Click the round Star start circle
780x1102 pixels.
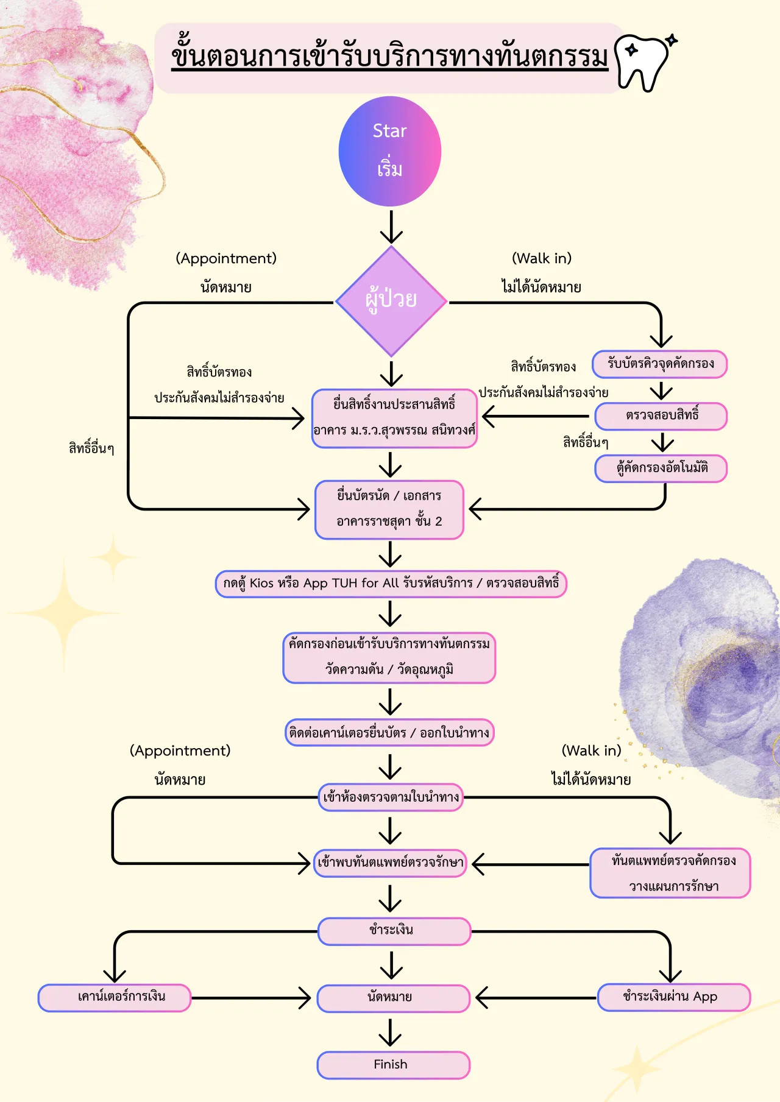pyautogui.click(x=390, y=151)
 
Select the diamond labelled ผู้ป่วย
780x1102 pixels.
pyautogui.click(x=391, y=302)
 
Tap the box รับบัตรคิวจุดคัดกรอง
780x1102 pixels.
pyautogui.click(x=660, y=364)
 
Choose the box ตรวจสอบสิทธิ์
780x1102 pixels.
pyautogui.click(x=661, y=416)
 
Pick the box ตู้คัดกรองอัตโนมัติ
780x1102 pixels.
pyautogui.click(x=661, y=468)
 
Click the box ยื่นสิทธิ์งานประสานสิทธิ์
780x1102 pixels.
pyautogui.click(x=394, y=418)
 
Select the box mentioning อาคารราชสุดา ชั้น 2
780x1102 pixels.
pyautogui.click(x=389, y=509)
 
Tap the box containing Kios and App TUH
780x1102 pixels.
pyautogui.click(x=391, y=584)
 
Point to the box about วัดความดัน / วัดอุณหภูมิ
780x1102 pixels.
pyautogui.click(x=389, y=658)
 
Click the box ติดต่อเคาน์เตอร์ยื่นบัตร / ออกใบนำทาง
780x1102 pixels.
pyautogui.click(x=389, y=733)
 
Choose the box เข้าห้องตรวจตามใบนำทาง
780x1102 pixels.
pyautogui.click(x=391, y=797)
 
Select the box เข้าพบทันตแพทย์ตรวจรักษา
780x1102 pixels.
pyautogui.click(x=391, y=863)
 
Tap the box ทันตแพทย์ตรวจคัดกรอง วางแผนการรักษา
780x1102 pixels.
pyautogui.click(x=670, y=873)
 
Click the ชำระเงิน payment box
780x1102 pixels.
pyautogui.click(x=394, y=931)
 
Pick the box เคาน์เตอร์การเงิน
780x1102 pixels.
pyautogui.click(x=115, y=998)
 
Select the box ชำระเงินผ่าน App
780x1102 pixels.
pyautogui.click(x=674, y=998)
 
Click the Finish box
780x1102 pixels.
pyautogui.click(x=394, y=1065)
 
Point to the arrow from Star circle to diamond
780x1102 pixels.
pyautogui.click(x=391, y=227)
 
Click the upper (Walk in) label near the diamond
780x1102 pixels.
pyautogui.click(x=542, y=258)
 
